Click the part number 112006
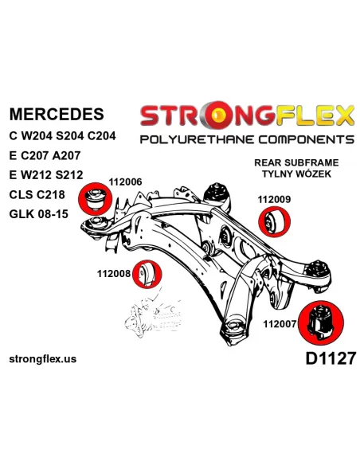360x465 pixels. pyautogui.click(x=125, y=182)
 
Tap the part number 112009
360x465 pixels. pyautogui.click(x=274, y=199)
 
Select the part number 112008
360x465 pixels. pyautogui.click(x=114, y=274)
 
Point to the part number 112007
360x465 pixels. pyautogui.click(x=280, y=324)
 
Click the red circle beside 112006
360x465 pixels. pyautogui.click(x=95, y=199)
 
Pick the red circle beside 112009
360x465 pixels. pyautogui.click(x=274, y=222)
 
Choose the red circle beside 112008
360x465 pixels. pyautogui.click(x=147, y=274)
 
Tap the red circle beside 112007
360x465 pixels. pyautogui.click(x=320, y=322)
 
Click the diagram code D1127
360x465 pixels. pyautogui.click(x=330, y=358)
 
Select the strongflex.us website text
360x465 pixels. pyautogui.click(x=43, y=359)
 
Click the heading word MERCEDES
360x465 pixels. pyautogui.click(x=57, y=114)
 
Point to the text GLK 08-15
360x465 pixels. pyautogui.click(x=39, y=213)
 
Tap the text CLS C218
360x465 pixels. pyautogui.click(x=37, y=194)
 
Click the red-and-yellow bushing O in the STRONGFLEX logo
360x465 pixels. pyautogui.click(x=218, y=114)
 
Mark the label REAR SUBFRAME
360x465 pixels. pyautogui.click(x=296, y=162)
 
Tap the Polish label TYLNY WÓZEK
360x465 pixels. pyautogui.click(x=296, y=174)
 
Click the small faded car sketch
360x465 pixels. pyautogui.click(x=153, y=315)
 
